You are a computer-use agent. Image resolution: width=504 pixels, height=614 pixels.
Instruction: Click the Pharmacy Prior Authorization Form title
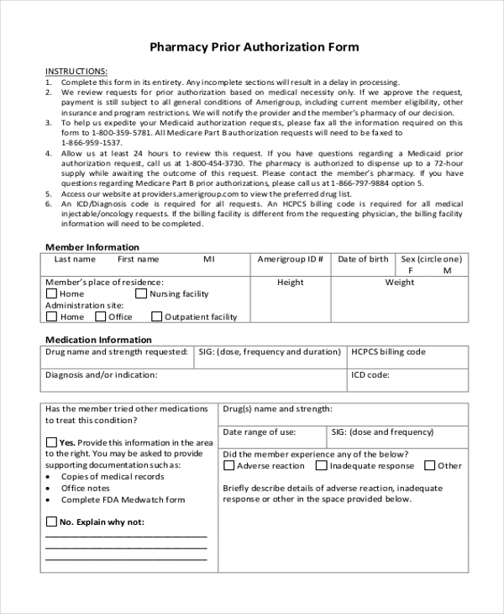pos(254,47)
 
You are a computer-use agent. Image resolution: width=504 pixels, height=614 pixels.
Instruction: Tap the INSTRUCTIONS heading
pos(76,70)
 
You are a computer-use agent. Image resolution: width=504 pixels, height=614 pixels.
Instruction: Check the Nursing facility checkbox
pos(141,294)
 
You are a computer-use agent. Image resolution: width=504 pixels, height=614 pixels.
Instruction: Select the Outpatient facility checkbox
pos(156,317)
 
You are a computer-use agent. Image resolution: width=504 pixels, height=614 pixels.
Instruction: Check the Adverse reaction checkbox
pos(228,465)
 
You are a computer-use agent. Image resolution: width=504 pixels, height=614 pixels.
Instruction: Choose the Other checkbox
pos(429,465)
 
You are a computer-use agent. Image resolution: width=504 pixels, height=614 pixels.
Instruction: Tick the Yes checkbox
pos(51,442)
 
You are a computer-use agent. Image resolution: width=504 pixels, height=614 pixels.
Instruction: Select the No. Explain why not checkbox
pos(51,521)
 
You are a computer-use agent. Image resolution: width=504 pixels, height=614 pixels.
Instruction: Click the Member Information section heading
pos(92,247)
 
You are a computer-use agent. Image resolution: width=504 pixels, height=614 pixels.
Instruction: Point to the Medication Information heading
pos(98,340)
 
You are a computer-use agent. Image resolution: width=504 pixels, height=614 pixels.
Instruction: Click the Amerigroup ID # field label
pos(291,259)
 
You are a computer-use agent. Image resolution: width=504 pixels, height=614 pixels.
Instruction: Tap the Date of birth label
pos(363,259)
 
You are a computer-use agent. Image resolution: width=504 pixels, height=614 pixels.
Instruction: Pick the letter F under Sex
pos(412,271)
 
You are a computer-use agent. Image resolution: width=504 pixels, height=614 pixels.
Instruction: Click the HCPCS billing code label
pos(388,352)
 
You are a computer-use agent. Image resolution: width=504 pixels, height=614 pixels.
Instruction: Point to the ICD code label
pos(370,374)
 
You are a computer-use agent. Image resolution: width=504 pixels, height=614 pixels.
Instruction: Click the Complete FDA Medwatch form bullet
pos(123,500)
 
